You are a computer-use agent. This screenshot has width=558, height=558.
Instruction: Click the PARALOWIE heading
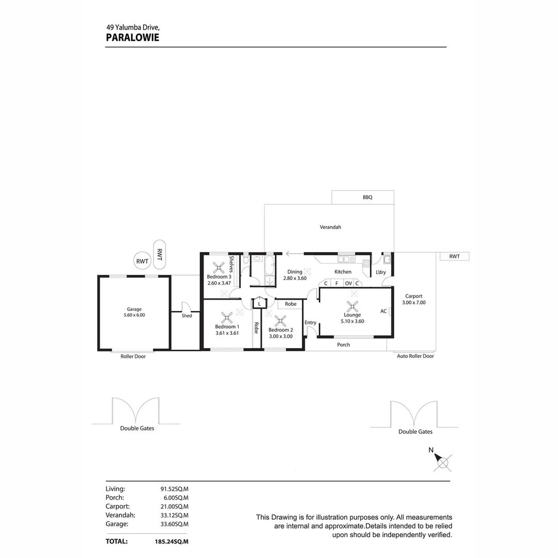pos(132,37)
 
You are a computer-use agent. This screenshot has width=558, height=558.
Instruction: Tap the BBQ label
pos(367,197)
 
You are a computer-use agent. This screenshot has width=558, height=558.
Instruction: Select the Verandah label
pos(330,227)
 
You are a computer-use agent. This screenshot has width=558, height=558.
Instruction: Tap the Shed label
pos(187,316)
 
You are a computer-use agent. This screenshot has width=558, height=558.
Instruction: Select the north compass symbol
pos(442,461)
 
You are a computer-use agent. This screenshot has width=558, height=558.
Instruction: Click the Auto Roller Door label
pos(415,356)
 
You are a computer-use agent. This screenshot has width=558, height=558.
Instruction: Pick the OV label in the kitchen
pos(348,283)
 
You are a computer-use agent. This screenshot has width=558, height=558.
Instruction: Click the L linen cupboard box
pos(259,304)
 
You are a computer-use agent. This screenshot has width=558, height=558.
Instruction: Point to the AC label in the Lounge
pos(383,311)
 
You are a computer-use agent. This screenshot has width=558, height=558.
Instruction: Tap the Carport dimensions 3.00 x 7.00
pos(414,303)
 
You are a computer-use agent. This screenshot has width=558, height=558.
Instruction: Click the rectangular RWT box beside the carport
pos(454,256)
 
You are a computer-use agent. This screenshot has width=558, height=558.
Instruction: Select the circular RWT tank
pos(142,261)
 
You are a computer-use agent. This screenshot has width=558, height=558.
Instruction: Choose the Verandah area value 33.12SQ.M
pos(175,515)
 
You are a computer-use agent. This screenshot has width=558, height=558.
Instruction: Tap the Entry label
pos(310,323)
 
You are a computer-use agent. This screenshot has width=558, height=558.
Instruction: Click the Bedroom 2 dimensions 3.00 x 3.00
pos(281,336)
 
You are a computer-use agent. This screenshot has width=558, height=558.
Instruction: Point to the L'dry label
pos(380,272)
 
